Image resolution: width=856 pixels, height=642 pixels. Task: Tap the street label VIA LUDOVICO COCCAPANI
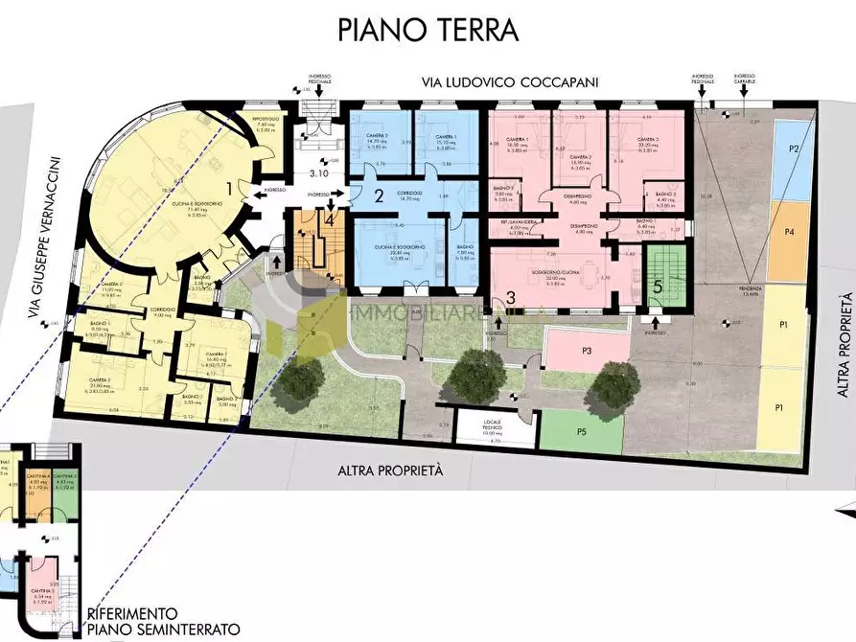[x=510, y=83]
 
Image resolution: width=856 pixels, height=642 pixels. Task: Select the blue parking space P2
[x=794, y=149]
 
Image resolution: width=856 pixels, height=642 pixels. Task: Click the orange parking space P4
[x=788, y=232]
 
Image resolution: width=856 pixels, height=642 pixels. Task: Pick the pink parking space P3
[x=586, y=351]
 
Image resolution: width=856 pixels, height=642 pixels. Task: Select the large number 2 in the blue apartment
[x=379, y=197]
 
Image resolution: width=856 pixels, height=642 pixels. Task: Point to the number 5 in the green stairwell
[x=658, y=285]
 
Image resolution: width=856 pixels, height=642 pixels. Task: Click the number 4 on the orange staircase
[x=330, y=218]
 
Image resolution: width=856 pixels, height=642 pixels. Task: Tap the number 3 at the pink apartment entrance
[x=511, y=298]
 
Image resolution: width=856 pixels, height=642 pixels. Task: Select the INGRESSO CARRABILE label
[x=745, y=80]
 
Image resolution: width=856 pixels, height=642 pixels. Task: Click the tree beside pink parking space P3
[x=613, y=385]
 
